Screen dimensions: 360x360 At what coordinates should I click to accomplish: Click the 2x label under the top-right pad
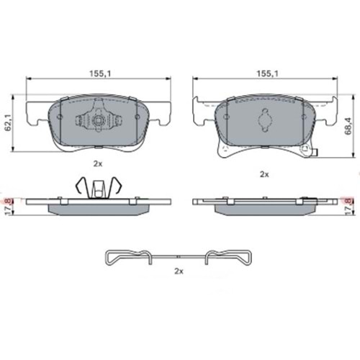pyautogui.click(x=264, y=174)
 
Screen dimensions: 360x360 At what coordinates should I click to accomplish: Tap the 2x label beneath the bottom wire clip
pyautogui.click(x=179, y=271)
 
